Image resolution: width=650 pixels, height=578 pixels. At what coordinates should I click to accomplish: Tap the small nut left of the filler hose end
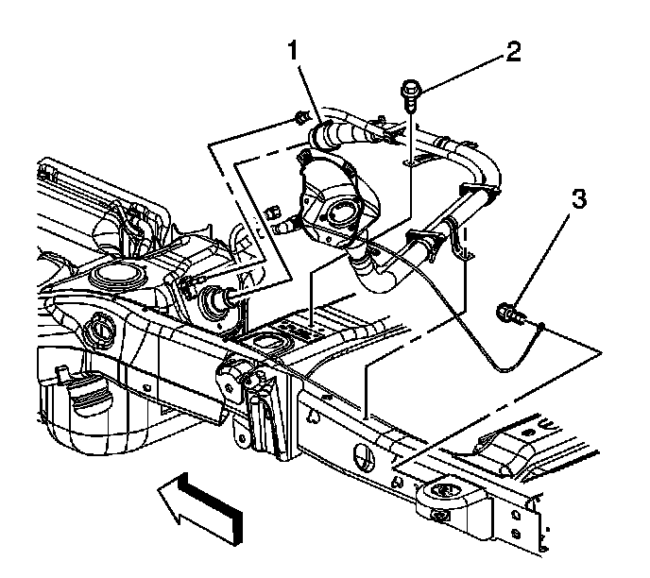coord(300,118)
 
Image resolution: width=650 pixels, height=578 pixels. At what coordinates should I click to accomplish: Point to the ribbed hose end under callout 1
coord(330,133)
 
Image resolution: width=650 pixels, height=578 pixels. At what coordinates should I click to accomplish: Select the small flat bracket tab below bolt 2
coord(412,161)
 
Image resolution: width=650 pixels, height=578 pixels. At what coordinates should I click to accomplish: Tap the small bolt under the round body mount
coord(440,515)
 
